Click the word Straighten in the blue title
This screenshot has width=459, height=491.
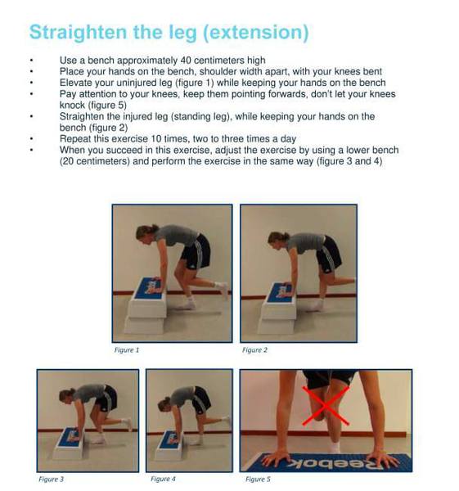pos(79,33)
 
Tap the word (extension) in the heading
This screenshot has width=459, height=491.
pos(256,33)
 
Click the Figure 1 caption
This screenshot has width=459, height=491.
pos(127,349)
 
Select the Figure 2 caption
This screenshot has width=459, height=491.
pos(254,349)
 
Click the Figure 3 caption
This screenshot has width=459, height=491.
pos(51,479)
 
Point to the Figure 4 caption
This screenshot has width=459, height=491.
pos(163,479)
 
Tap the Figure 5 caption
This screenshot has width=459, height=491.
pos(258,479)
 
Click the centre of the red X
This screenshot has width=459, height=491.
pos(326,406)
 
